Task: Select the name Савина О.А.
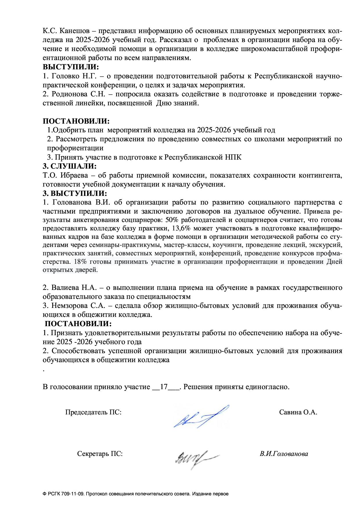[298, 412]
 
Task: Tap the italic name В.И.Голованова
[284, 454]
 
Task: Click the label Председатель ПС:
[93, 412]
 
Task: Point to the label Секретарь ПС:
[100, 454]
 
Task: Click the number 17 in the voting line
[164, 387]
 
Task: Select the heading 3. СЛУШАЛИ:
[70, 166]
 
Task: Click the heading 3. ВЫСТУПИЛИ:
[75, 193]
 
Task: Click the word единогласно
[267, 387]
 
